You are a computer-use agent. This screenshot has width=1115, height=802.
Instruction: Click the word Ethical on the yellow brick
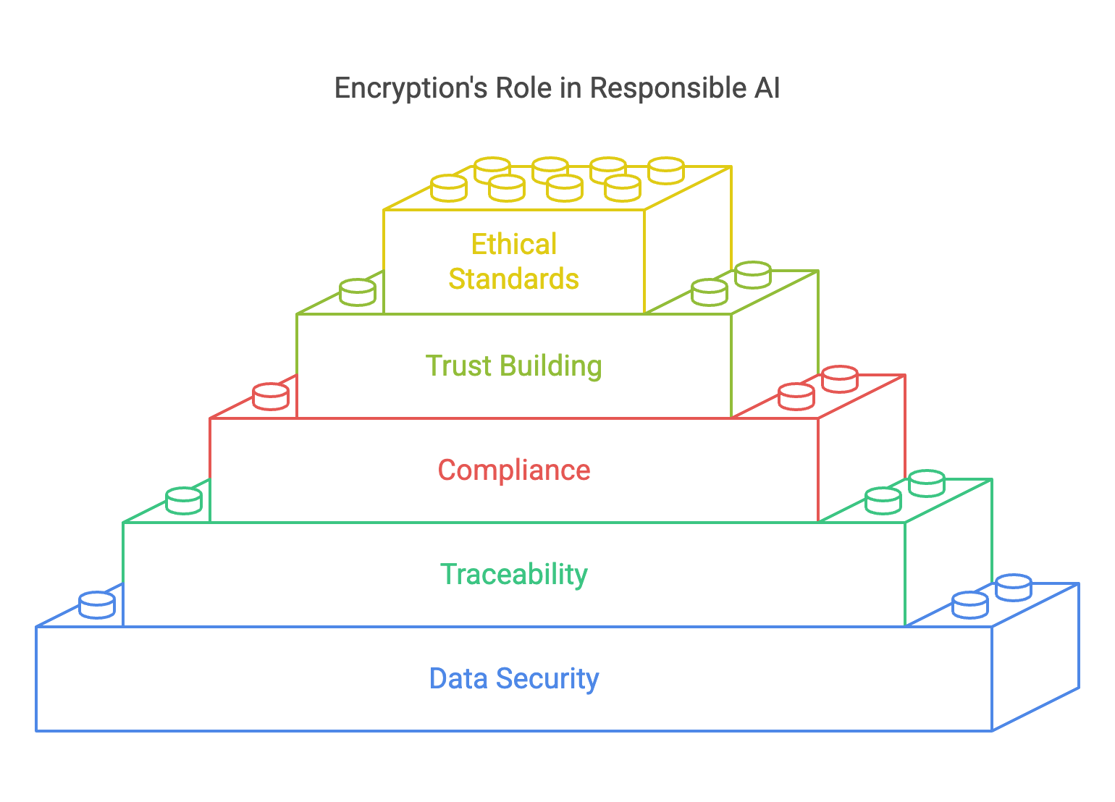coord(514,245)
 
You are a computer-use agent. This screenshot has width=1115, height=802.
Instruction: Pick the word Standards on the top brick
coord(514,279)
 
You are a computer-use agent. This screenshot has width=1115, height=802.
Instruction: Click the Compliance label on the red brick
coord(514,470)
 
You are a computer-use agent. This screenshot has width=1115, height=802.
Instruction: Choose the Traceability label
coord(514,575)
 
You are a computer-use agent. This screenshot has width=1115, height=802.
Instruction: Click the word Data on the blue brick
coord(458,679)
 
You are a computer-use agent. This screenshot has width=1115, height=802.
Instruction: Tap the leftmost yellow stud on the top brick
coord(449,188)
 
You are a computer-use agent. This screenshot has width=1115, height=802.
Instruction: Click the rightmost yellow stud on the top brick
coord(666,171)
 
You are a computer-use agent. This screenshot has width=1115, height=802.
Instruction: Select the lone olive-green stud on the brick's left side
coord(358,292)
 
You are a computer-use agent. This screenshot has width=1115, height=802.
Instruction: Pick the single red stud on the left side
coord(271,397)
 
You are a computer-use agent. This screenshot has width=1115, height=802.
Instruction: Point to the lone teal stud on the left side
coord(184,501)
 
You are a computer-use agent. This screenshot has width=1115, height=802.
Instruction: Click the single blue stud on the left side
coord(97,605)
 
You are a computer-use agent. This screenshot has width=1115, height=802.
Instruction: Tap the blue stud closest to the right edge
coord(1014,588)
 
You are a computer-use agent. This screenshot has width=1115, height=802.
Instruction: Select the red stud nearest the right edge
coord(840,379)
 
